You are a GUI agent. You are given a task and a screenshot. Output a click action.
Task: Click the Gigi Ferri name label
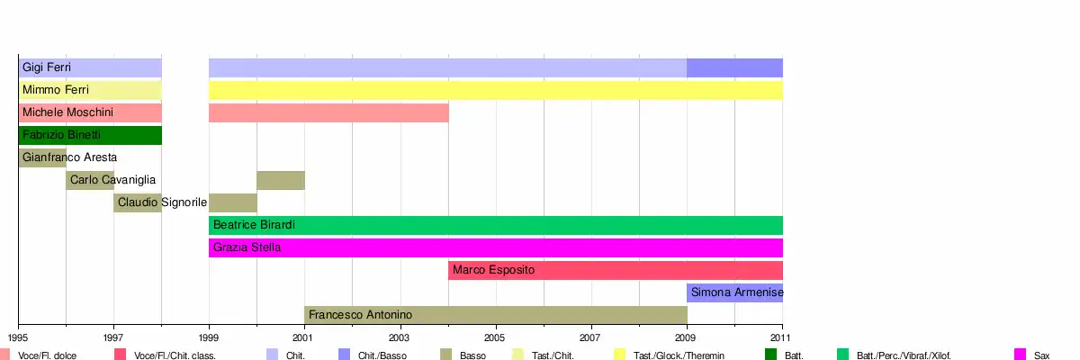pyautogui.click(x=47, y=67)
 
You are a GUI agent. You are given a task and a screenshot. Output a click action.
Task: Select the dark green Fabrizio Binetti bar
pyautogui.click(x=90, y=135)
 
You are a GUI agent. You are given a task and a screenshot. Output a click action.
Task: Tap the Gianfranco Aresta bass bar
pyautogui.click(x=42, y=157)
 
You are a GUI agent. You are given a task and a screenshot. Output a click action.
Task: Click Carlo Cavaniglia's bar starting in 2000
pyautogui.click(x=280, y=180)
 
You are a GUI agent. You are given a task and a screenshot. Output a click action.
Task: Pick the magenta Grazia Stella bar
pyautogui.click(x=495, y=247)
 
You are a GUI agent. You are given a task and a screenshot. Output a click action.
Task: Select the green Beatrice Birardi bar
pyautogui.click(x=495, y=225)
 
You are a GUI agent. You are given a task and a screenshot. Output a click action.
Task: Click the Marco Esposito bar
pyautogui.click(x=616, y=270)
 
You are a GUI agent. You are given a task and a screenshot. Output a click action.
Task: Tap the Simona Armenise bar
pyautogui.click(x=734, y=292)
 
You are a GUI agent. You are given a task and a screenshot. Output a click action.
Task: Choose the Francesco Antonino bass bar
pyautogui.click(x=495, y=315)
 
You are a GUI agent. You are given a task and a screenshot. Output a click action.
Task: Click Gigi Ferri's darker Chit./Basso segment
pyautogui.click(x=734, y=67)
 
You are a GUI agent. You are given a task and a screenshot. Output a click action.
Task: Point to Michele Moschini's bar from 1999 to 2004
pyautogui.click(x=328, y=112)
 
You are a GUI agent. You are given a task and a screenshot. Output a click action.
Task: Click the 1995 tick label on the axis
pyautogui.click(x=18, y=337)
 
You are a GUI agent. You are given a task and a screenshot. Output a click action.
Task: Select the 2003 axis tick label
pyautogui.click(x=400, y=337)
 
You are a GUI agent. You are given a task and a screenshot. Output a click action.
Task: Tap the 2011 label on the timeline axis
pyautogui.click(x=782, y=337)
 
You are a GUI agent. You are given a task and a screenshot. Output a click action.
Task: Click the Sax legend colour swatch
pyautogui.click(x=1020, y=355)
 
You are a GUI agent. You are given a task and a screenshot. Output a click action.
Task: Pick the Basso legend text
pyautogui.click(x=472, y=355)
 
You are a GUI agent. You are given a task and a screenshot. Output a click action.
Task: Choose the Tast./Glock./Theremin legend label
pyautogui.click(x=679, y=355)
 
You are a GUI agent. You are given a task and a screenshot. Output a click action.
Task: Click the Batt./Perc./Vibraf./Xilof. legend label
pyautogui.click(x=904, y=355)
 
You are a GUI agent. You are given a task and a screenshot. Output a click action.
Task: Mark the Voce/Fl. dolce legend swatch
pyautogui.click(x=6, y=355)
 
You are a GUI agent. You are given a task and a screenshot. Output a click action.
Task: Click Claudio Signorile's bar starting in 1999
pyautogui.click(x=232, y=202)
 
